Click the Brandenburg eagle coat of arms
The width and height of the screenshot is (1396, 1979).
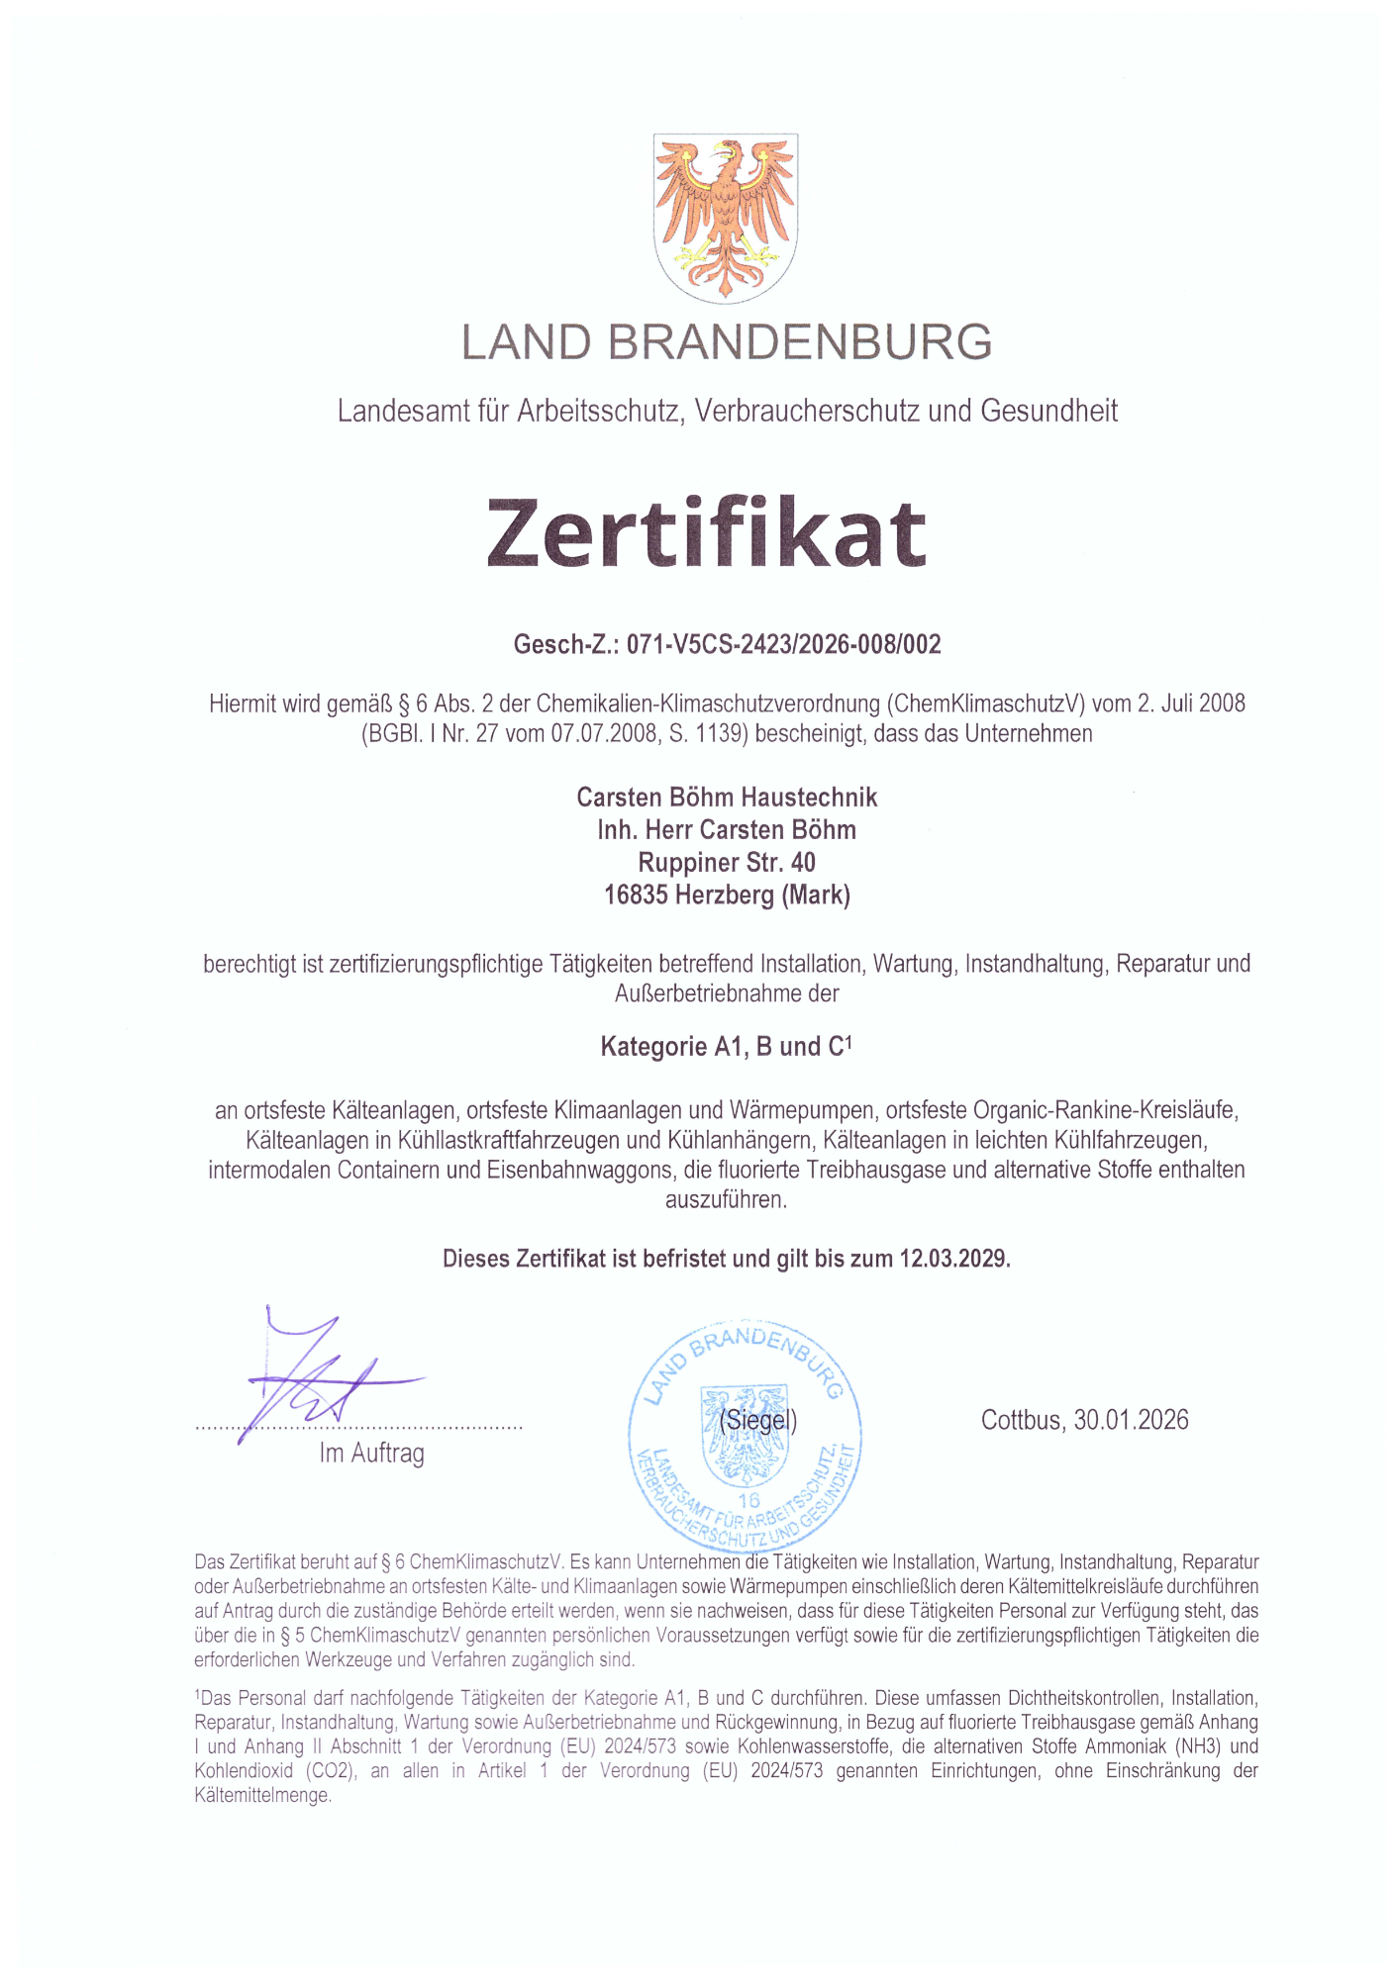click(726, 218)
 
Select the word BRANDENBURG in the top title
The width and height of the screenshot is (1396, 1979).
click(799, 342)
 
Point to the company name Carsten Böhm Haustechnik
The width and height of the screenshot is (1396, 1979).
click(727, 798)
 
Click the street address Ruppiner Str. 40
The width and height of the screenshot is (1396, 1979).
click(727, 863)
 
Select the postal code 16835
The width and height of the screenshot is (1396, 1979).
click(636, 895)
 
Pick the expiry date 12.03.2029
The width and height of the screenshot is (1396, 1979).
click(953, 1259)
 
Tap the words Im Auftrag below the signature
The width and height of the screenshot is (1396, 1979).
click(371, 1454)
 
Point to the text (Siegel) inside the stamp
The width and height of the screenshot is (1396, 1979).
click(757, 1421)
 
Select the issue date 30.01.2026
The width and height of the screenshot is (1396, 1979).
click(1131, 1421)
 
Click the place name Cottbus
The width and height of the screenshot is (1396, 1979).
click(1021, 1421)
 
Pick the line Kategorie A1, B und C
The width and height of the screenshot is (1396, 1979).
click(726, 1047)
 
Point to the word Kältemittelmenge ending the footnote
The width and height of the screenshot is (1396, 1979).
click(262, 1795)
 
